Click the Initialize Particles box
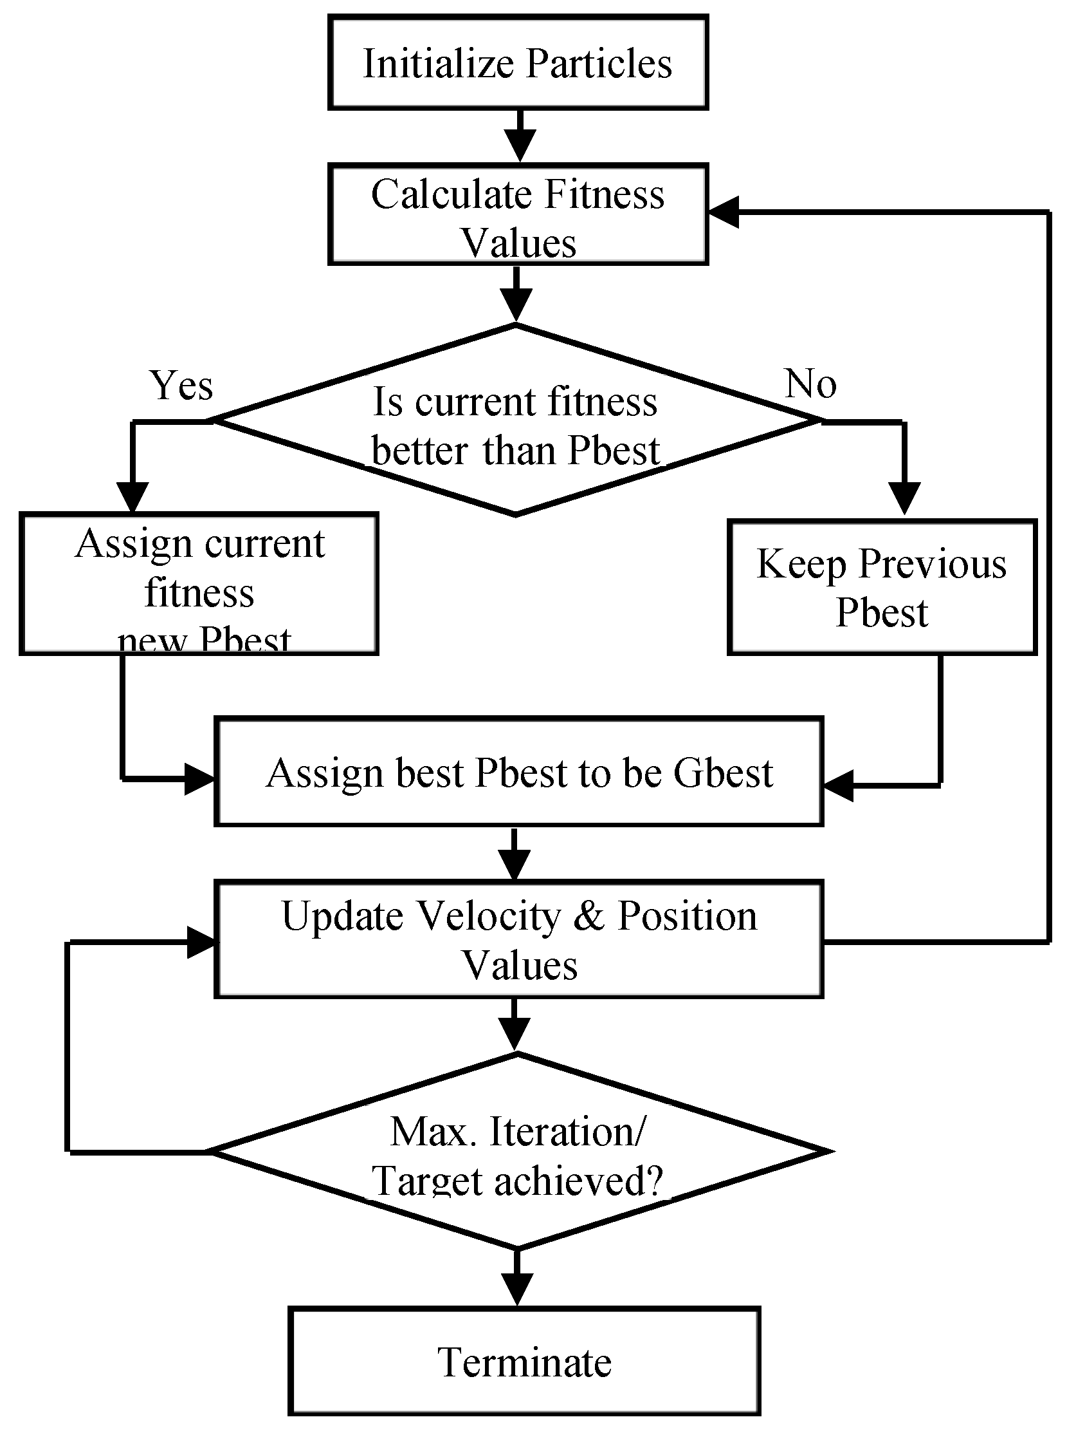pyautogui.click(x=518, y=62)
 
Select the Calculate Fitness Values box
pyautogui.click(x=518, y=215)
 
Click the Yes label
pyautogui.click(x=181, y=386)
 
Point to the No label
pyautogui.click(x=810, y=384)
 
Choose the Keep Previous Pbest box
pyautogui.click(x=882, y=588)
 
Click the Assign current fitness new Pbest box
pyautogui.click(x=199, y=585)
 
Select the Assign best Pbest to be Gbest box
pyautogui.click(x=518, y=772)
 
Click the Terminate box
pyautogui.click(x=524, y=1362)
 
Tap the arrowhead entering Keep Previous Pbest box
pyautogui.click(x=904, y=498)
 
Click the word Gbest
pyautogui.click(x=723, y=773)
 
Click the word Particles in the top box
pyautogui.click(x=599, y=63)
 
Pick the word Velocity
pyautogui.click(x=489, y=917)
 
